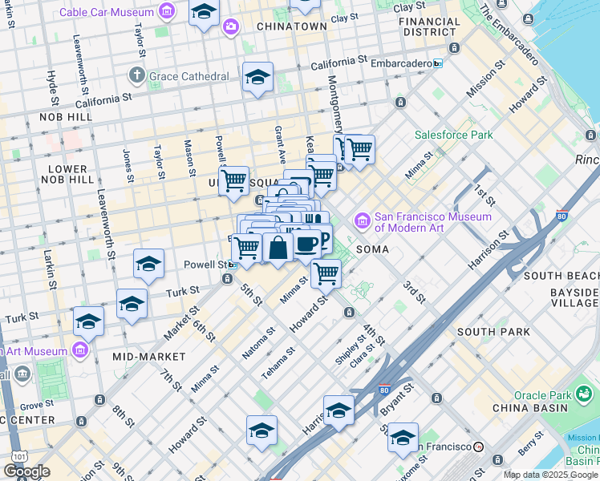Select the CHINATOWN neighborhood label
click(292, 26)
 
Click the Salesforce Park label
click(453, 135)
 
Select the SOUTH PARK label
click(493, 331)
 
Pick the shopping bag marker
click(278, 247)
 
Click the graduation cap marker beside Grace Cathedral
click(257, 77)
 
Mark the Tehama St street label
click(279, 364)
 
